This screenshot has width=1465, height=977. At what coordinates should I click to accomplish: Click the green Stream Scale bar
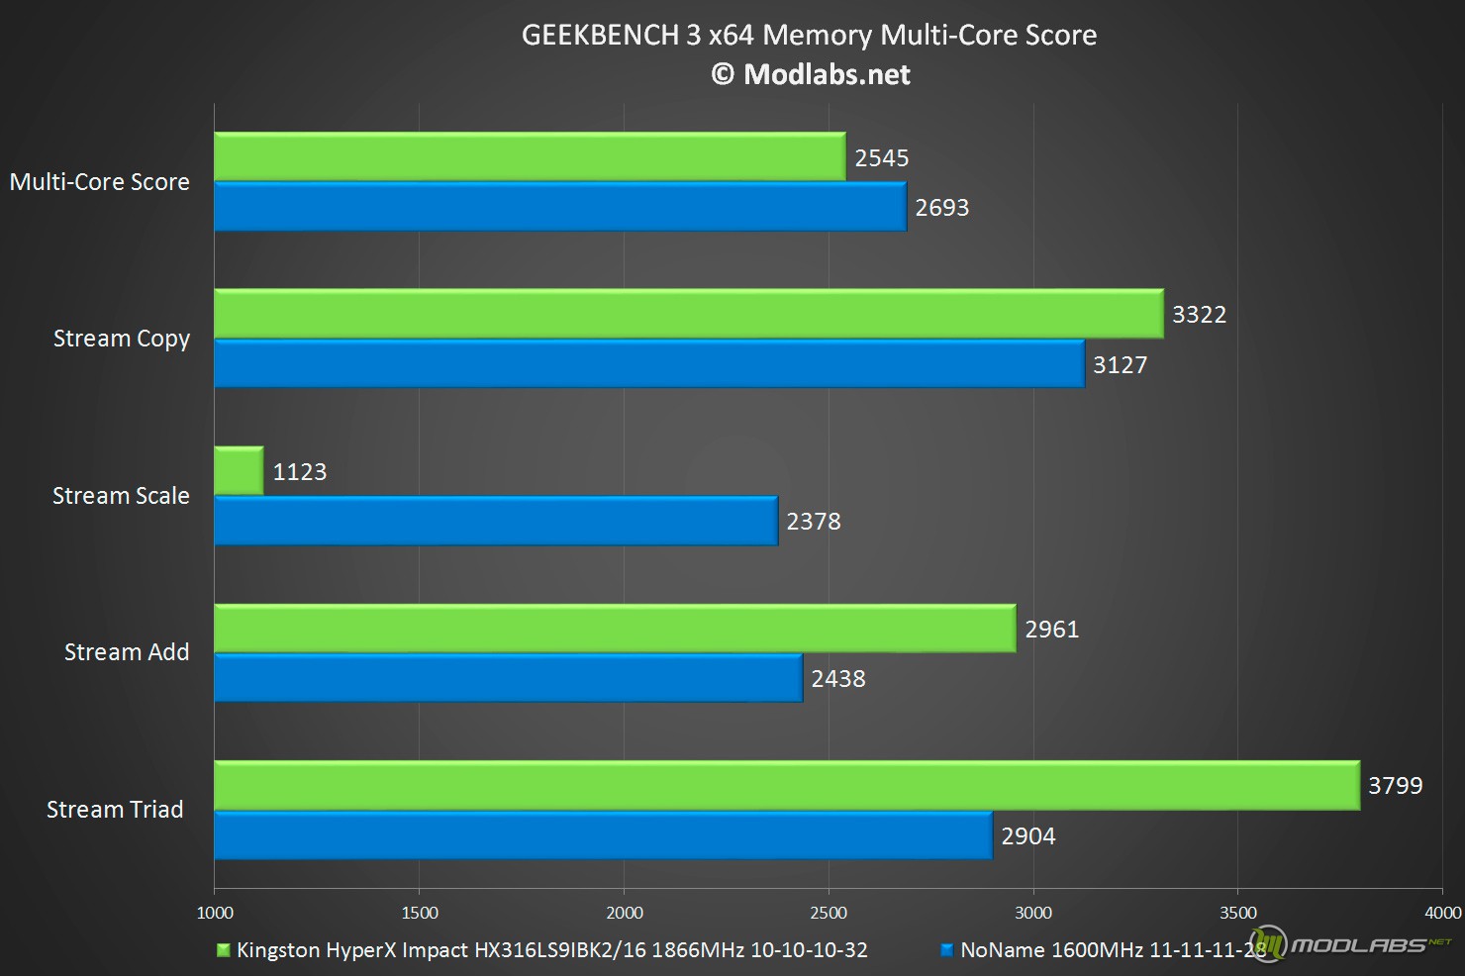[239, 470]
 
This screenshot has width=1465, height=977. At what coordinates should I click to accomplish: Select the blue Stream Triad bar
[603, 835]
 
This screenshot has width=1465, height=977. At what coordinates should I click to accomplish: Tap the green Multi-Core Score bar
[530, 156]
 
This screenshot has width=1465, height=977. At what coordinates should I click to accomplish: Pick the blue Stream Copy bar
[649, 363]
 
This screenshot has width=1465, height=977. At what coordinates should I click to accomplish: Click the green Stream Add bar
[615, 628]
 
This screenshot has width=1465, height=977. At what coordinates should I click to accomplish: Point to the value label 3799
[1395, 786]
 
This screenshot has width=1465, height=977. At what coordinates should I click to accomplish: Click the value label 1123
[300, 472]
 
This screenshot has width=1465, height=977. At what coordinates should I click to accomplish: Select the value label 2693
[941, 208]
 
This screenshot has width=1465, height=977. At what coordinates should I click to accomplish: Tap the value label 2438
[838, 679]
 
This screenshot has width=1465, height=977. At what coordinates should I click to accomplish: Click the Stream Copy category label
[121, 339]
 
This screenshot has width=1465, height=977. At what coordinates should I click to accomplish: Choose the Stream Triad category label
[115, 810]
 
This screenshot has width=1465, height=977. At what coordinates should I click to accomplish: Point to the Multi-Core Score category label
[99, 182]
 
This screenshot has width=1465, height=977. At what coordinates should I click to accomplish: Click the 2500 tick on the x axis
[829, 913]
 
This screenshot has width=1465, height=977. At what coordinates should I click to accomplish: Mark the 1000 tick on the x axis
[215, 913]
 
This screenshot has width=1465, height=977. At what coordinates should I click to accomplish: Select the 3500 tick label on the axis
[1237, 913]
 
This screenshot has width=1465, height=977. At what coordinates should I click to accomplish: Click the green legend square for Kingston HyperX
[224, 950]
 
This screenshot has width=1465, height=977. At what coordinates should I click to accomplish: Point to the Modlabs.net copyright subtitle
[811, 75]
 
